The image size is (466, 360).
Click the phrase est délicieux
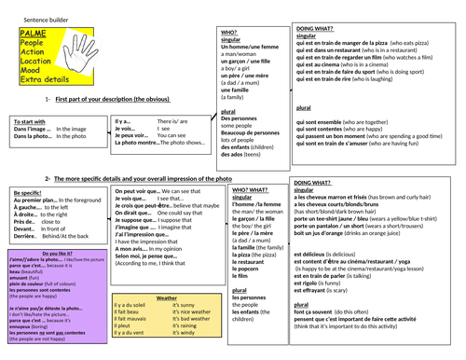(x=311, y=254)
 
